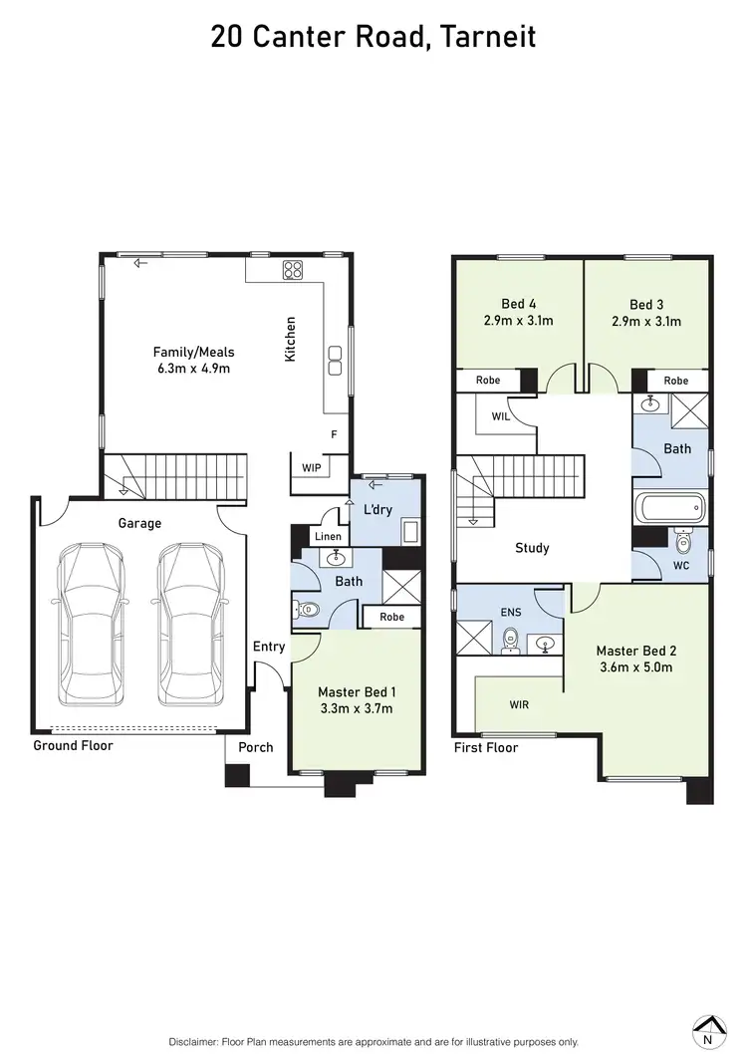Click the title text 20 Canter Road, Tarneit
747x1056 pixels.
coord(373,37)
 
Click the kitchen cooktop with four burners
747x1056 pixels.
coord(293,269)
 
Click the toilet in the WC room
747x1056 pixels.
coord(683,543)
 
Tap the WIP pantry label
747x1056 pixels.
coord(312,467)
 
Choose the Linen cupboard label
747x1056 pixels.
coord(328,537)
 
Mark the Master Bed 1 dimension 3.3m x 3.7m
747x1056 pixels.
coord(356,708)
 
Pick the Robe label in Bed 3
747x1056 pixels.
coord(676,381)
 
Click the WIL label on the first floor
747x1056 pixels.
coord(501,416)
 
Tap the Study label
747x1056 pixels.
coord(532,548)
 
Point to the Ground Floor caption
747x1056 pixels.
coord(74,745)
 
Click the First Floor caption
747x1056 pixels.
coord(486,747)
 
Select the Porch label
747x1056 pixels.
coord(255,747)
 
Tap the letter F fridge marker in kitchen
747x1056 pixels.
coord(335,435)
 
